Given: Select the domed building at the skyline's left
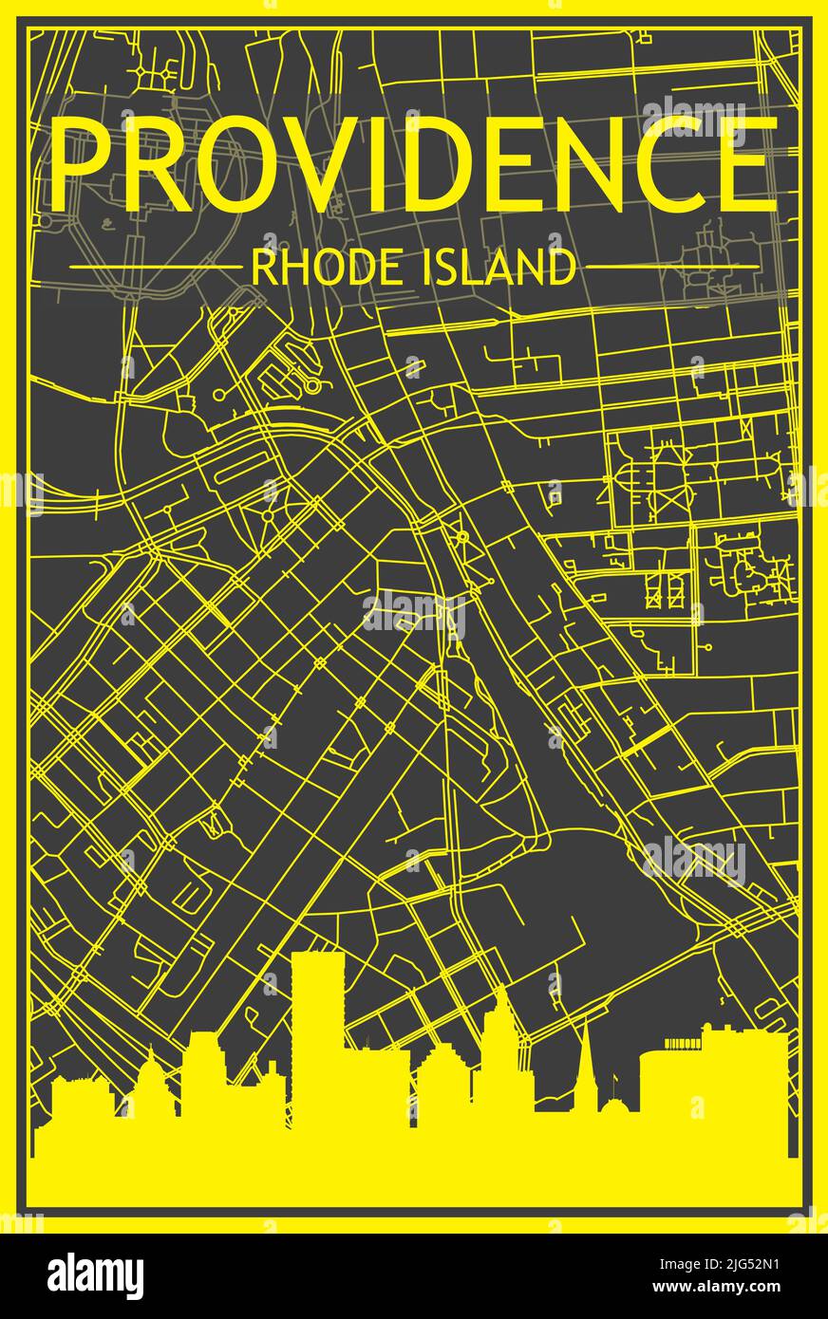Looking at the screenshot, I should [x=152, y=1082].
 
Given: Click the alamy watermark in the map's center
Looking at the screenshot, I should [x=413, y=615].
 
